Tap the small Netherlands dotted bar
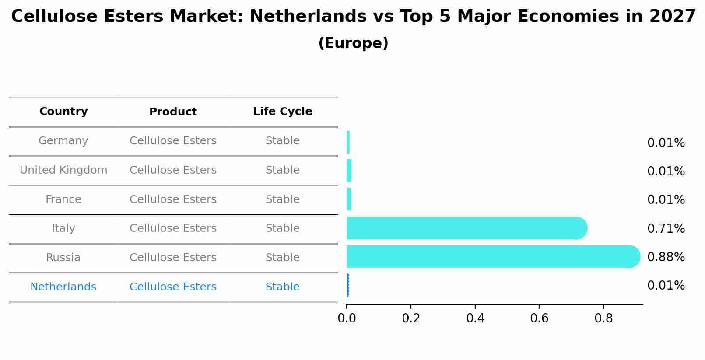tap(347, 285)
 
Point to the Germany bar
tap(348, 142)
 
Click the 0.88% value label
tap(666, 257)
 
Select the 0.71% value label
tap(666, 229)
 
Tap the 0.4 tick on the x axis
tap(475, 318)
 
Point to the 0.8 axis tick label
tap(603, 318)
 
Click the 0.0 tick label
tap(347, 318)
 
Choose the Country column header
tap(63, 112)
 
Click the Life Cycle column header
tap(282, 112)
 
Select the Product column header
tap(173, 112)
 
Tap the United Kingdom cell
tap(63, 170)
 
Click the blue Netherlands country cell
tap(63, 287)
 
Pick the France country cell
tap(63, 199)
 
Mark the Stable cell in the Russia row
tap(282, 258)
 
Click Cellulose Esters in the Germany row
tap(173, 141)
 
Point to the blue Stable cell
tap(282, 287)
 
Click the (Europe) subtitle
tap(353, 43)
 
